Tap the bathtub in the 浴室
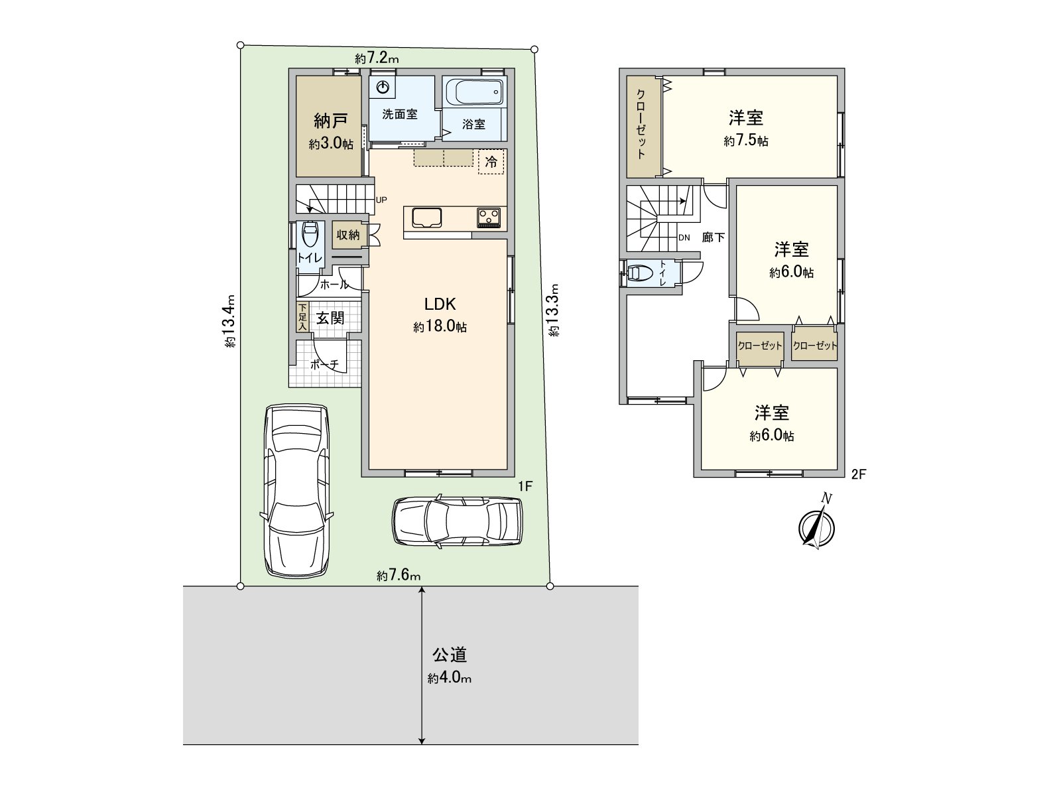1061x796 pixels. coord(474,92)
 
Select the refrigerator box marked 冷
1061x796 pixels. coord(491,161)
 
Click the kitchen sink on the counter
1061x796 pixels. coord(426,218)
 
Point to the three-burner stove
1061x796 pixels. coord(489,218)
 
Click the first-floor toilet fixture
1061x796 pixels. coord(310,234)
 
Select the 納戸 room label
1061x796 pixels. coord(331,121)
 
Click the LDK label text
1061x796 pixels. coord(440,304)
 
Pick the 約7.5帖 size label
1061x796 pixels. coord(746,141)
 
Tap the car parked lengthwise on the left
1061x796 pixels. coord(297,490)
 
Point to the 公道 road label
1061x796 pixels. coord(450,655)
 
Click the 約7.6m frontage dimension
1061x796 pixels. coord(399,575)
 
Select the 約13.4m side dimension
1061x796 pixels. coord(229,321)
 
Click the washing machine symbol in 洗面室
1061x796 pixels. coord(383,88)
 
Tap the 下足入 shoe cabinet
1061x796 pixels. coord(302,317)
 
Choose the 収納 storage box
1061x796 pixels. coord(348,235)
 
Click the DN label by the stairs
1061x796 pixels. coord(684,237)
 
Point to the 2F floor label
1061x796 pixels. coord(858,474)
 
